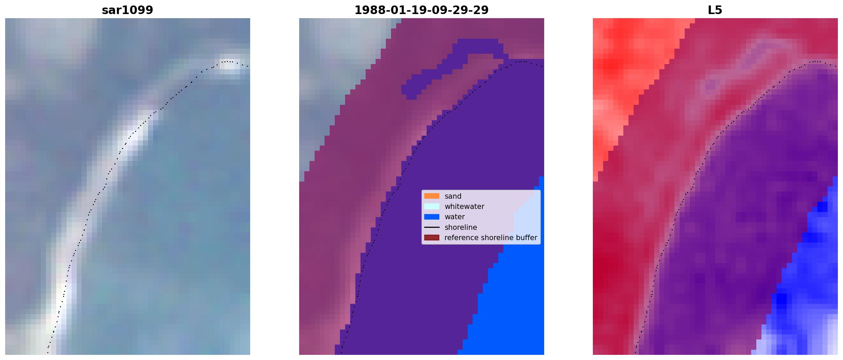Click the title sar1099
click(x=127, y=10)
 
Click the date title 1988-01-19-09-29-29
click(x=422, y=10)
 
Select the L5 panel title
click(x=715, y=10)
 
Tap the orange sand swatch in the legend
click(x=432, y=196)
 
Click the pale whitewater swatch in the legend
click(x=432, y=206)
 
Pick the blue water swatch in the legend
click(x=432, y=217)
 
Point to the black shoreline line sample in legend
click(x=432, y=227)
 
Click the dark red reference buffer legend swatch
click(x=432, y=237)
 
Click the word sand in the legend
click(x=453, y=196)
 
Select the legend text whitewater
click(x=464, y=207)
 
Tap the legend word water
click(x=455, y=217)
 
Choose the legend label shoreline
click(x=461, y=227)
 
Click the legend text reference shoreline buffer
click(x=491, y=238)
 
